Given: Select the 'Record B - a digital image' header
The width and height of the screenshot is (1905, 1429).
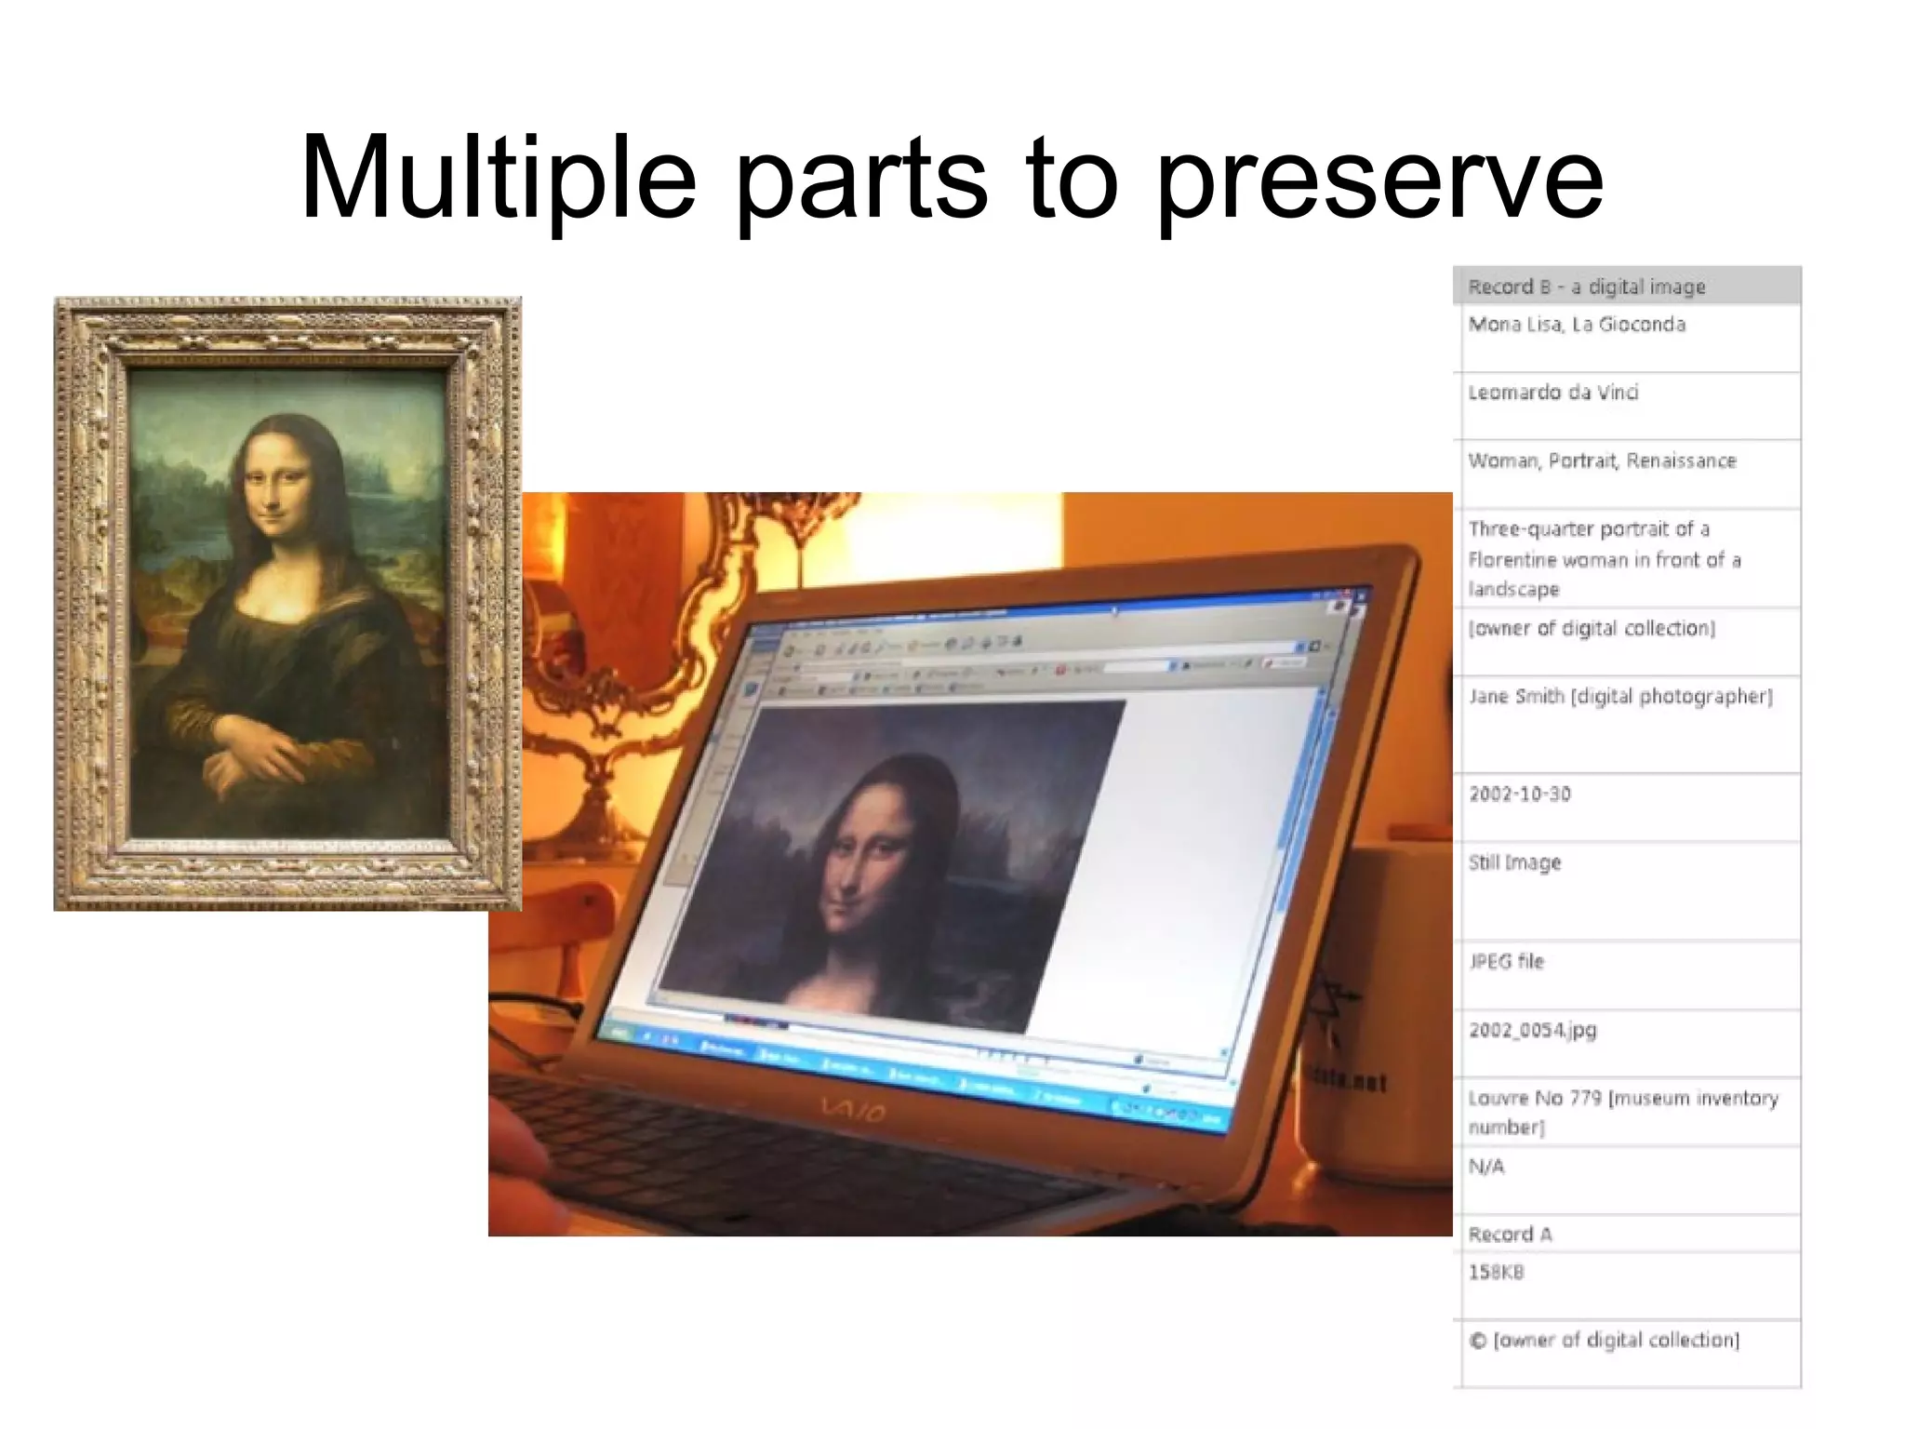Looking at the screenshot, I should click(1586, 287).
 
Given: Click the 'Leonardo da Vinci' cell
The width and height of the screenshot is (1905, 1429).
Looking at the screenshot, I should click(1552, 393).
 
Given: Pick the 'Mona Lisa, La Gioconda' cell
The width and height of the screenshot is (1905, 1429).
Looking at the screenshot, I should click(1577, 325).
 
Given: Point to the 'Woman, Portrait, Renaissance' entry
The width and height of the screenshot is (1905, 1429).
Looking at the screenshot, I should click(1602, 461).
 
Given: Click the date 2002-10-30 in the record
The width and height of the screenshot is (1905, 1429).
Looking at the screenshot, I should click(1519, 795).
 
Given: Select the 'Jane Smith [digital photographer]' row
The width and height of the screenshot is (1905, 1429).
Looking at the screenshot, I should click(1619, 697).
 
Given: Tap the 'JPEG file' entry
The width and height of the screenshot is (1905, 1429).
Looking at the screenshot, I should click(1505, 962).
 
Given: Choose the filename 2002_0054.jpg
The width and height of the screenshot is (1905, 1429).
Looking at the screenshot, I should click(1532, 1030).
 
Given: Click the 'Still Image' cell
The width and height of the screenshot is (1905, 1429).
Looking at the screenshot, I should click(1514, 863).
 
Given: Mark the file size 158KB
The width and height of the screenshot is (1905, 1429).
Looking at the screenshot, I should click(1495, 1273).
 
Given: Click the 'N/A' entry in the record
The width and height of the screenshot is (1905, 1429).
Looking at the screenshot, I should click(1485, 1167).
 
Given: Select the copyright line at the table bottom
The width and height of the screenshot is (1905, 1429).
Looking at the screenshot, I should click(1603, 1341).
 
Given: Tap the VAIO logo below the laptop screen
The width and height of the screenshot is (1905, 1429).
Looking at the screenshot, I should click(853, 1109).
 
